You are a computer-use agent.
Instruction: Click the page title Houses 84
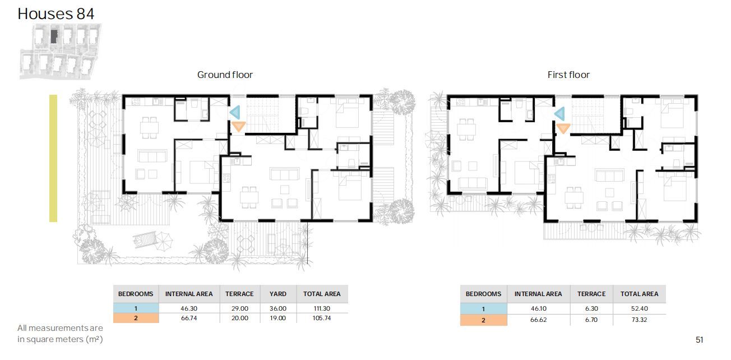point(56,14)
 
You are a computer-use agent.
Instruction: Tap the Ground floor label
point(225,75)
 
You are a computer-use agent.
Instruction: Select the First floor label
point(568,75)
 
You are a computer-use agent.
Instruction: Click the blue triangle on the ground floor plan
point(235,112)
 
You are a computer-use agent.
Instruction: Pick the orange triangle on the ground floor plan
point(239,126)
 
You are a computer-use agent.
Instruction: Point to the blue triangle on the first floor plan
point(560,114)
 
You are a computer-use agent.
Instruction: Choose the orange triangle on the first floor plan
point(563,128)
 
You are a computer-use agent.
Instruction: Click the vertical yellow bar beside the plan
point(53,158)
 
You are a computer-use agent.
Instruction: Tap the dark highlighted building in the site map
point(54,36)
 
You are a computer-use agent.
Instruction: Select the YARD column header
point(278,294)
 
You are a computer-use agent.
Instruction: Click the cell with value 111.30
point(322,308)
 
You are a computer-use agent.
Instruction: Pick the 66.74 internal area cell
point(189,318)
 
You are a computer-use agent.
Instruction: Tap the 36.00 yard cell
point(278,308)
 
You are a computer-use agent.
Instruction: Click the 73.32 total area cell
point(639,320)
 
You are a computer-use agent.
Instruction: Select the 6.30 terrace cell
point(591,308)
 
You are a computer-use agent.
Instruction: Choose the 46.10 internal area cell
point(539,308)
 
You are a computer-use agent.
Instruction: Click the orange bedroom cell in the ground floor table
point(136,318)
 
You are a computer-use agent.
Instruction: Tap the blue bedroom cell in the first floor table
point(484,309)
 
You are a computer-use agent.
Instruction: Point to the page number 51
point(700,340)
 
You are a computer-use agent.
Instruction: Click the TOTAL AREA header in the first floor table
point(639,294)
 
